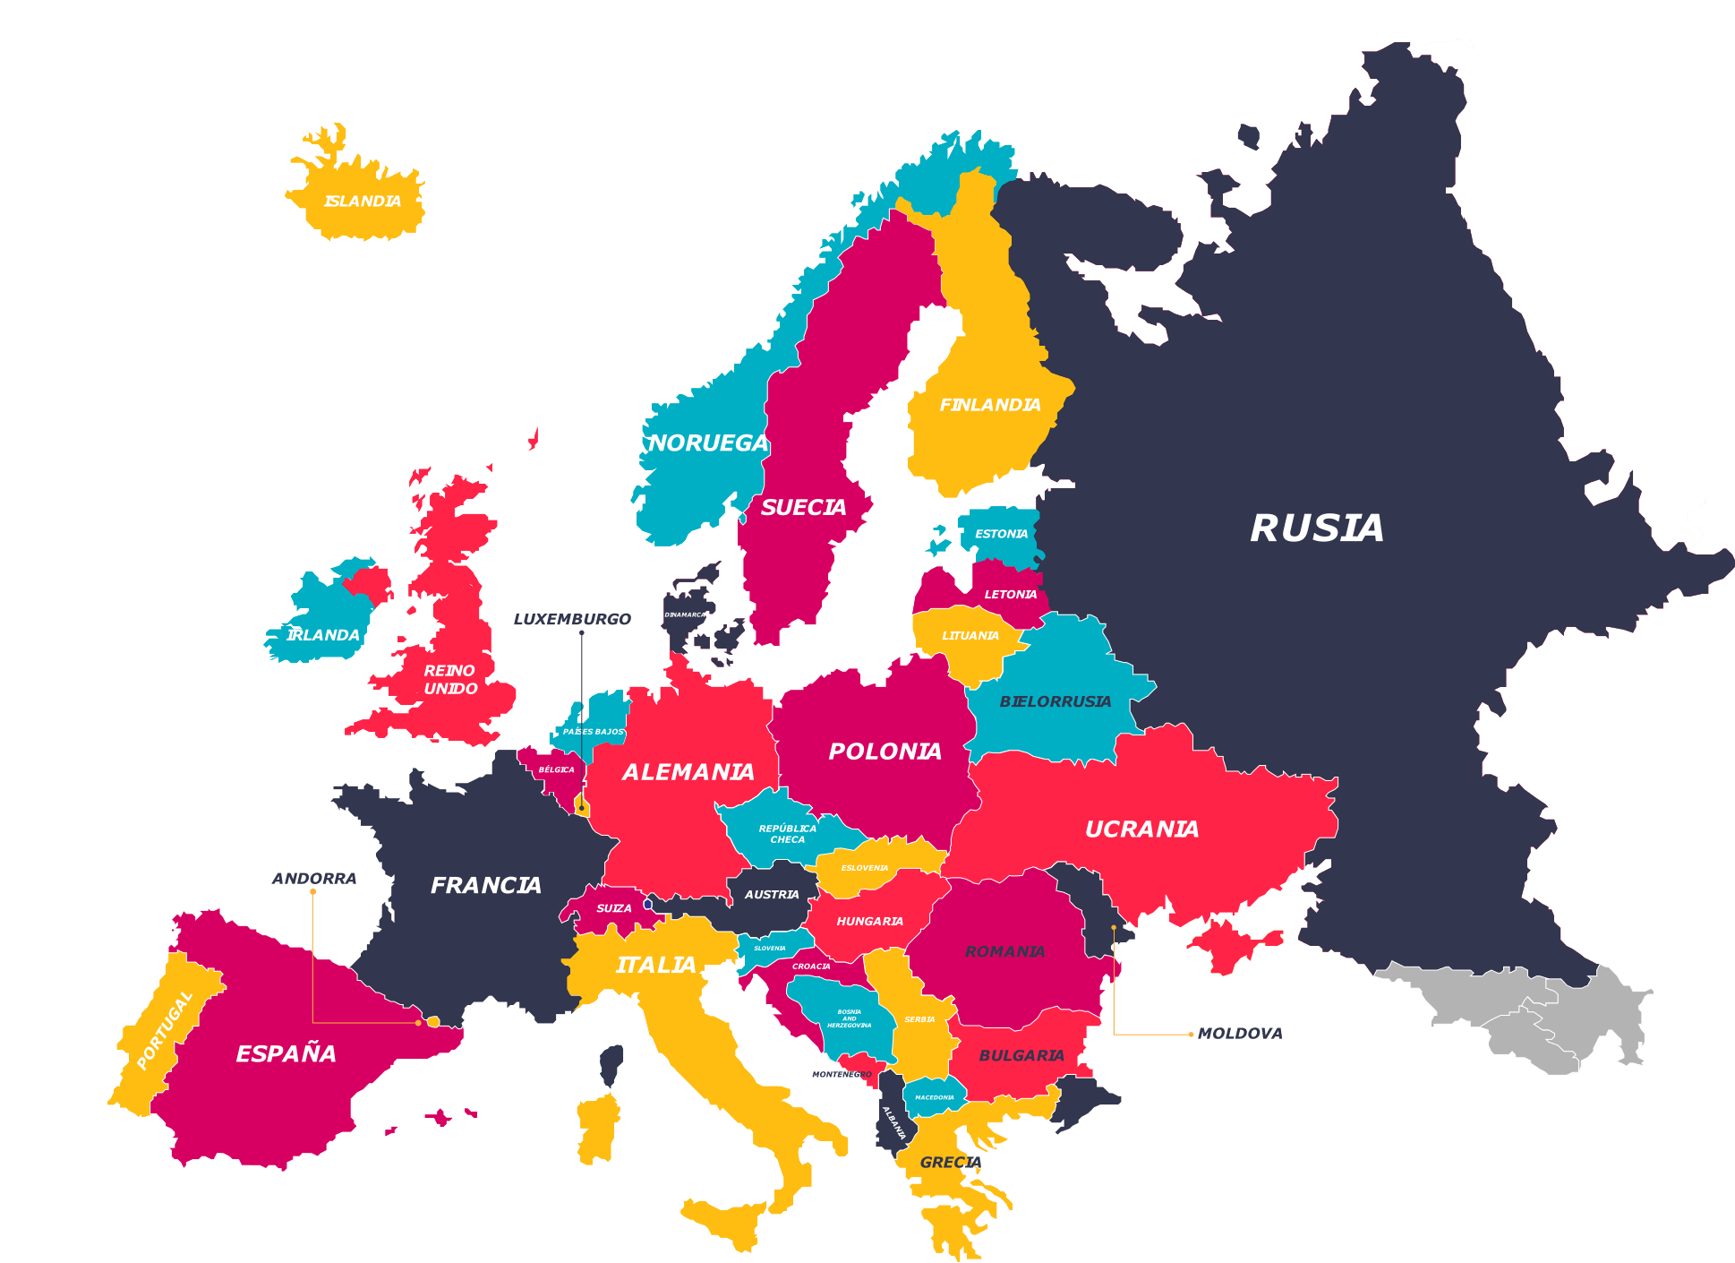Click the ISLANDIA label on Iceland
[363, 202]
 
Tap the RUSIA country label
[1317, 528]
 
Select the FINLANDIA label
[990, 405]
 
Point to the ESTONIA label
[1001, 534]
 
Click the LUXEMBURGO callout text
[572, 619]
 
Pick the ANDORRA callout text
[314, 879]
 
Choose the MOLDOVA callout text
[1240, 1034]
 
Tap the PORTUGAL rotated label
[165, 1030]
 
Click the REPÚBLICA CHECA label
[787, 834]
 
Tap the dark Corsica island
[611, 1066]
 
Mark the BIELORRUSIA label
[1056, 701]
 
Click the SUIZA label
[614, 908]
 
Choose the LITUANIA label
[970, 636]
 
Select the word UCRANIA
[1141, 829]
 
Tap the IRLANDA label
[323, 635]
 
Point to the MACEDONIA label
[935, 1097]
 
